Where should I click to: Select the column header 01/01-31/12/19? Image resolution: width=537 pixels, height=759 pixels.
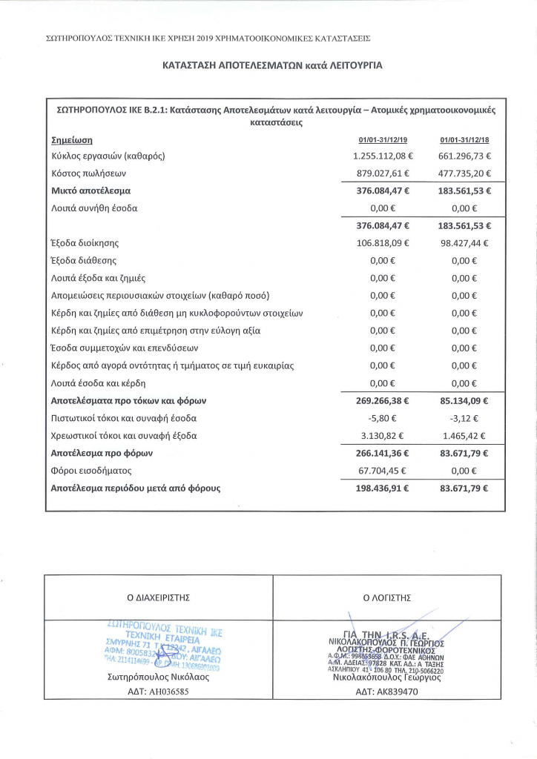pos(378,139)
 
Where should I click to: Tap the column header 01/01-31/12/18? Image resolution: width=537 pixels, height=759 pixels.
pos(459,139)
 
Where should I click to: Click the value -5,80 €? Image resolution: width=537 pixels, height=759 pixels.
pos(389,418)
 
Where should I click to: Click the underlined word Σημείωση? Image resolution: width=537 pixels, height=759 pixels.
pos(71,139)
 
